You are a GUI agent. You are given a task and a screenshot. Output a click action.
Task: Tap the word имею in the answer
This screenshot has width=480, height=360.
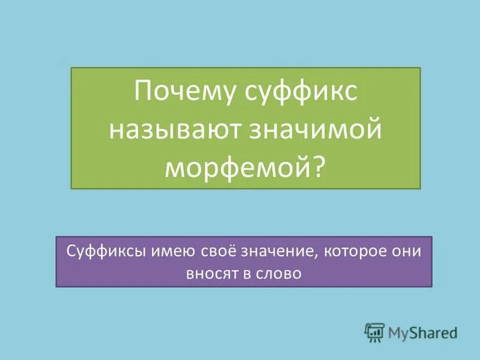click(x=157, y=252)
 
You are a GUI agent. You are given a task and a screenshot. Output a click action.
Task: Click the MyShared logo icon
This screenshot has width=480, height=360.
click(x=374, y=332)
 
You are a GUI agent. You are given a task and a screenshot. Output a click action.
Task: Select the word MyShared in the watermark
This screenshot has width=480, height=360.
click(x=422, y=332)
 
